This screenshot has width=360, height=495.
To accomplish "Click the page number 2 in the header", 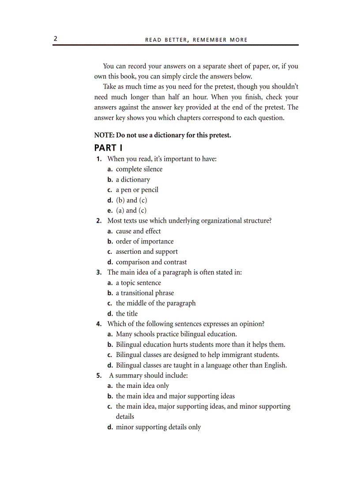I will tap(56, 39).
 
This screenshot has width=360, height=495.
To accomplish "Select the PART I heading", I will tap(109, 147).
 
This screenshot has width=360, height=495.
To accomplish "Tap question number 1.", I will tap(99, 159).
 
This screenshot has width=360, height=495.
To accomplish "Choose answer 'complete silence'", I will tap(139, 169).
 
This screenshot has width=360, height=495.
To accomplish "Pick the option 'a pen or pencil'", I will tap(137, 190).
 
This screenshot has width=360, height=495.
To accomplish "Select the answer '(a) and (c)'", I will tap(131, 211).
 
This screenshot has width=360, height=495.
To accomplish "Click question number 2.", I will tap(99, 221).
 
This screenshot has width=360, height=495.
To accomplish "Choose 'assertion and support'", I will tap(146, 252).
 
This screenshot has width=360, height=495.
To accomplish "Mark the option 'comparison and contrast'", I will tap(151, 262).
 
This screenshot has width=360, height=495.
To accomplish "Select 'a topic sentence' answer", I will tap(138, 283).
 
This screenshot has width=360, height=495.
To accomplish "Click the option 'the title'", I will tap(127, 314).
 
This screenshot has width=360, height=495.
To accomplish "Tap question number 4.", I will tap(99, 324).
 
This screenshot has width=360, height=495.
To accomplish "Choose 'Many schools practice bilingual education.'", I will tap(176, 334).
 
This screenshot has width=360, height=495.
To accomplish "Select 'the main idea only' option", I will tap(142, 386).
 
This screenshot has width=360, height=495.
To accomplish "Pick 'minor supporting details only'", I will tap(158, 427).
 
